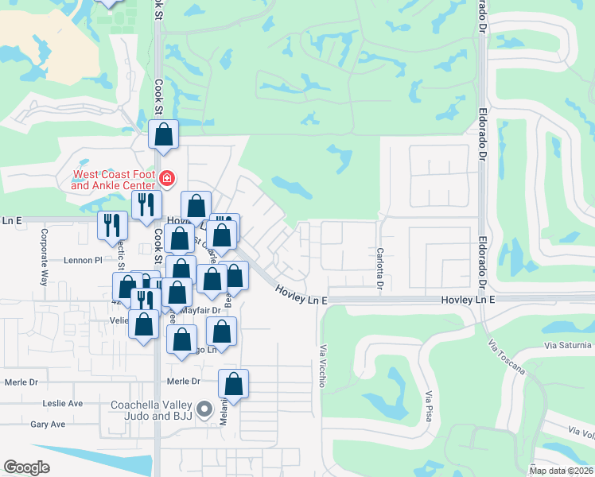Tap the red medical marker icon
click(167, 178)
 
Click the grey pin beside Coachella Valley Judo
click(205, 410)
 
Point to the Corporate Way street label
click(45, 258)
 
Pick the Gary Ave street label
click(48, 425)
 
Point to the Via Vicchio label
click(323, 366)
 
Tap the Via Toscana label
click(507, 357)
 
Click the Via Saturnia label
click(568, 345)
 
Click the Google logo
click(26, 467)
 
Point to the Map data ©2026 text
click(561, 471)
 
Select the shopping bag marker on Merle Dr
click(233, 384)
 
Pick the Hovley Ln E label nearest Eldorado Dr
click(469, 299)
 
